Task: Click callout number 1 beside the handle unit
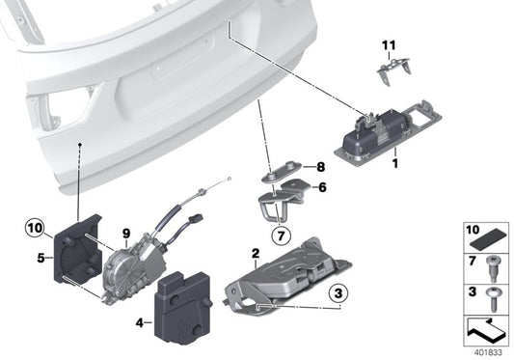coord(395,165)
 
